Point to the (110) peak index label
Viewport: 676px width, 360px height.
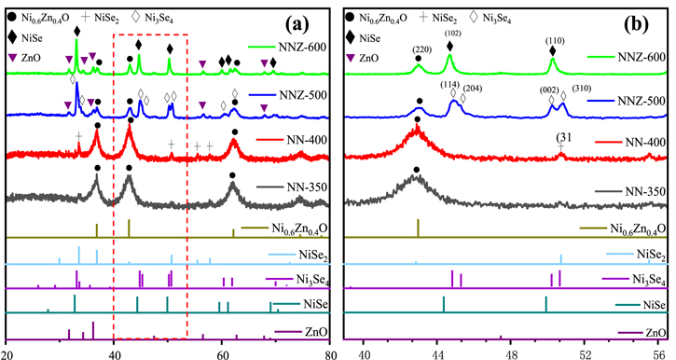(552, 40)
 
